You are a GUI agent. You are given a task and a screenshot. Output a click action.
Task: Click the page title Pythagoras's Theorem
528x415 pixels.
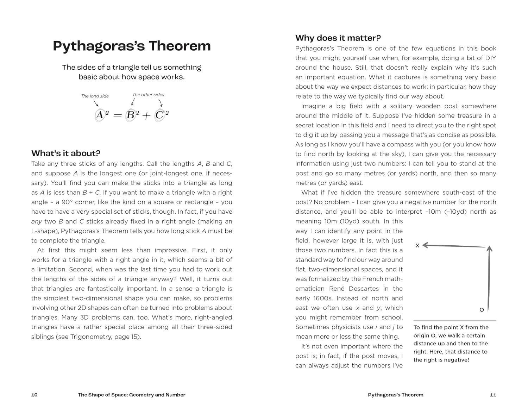[x=132, y=46]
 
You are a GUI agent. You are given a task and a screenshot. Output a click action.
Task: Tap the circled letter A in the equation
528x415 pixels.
[x=100, y=115]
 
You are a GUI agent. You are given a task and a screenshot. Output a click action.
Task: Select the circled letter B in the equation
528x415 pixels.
[x=130, y=115]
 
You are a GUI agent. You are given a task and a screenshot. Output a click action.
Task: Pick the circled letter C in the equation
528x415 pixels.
[x=159, y=115]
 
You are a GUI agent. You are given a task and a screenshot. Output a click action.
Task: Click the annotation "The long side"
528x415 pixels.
[x=95, y=96]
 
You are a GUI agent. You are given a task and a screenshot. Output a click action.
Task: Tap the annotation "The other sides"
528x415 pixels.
[x=148, y=95]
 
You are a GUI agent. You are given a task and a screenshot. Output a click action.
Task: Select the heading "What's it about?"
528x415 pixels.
[x=66, y=153]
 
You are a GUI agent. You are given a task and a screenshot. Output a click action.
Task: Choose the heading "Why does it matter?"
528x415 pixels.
[x=338, y=38]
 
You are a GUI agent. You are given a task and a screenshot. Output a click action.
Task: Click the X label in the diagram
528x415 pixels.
[x=417, y=246]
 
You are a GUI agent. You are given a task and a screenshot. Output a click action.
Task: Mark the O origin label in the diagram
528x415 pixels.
[x=482, y=310]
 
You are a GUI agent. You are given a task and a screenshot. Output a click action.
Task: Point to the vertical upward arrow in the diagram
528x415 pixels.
[x=489, y=278]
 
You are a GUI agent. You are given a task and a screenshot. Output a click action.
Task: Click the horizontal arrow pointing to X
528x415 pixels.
[x=454, y=246]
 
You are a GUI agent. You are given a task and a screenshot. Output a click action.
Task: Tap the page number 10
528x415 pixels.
[x=34, y=395]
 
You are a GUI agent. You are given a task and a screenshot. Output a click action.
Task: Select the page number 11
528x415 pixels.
[x=493, y=395]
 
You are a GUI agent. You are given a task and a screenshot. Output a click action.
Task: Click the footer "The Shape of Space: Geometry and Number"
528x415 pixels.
[x=132, y=395]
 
